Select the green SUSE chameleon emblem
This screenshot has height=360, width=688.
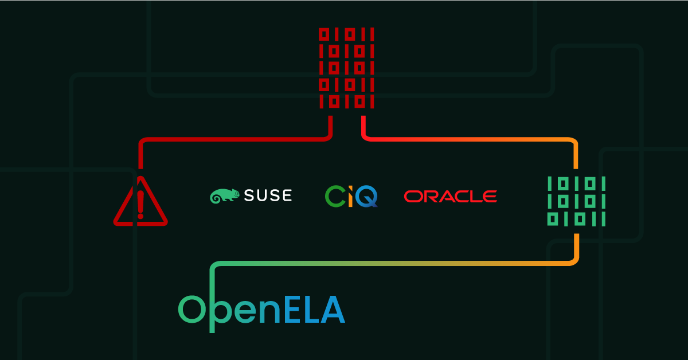(224, 195)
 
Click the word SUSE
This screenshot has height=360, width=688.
(268, 195)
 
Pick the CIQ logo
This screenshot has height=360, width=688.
(351, 196)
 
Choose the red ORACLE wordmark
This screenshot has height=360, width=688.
(450, 197)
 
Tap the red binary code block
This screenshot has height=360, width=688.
(346, 68)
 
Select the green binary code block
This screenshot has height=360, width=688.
(576, 201)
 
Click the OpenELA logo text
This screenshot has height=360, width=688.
(261, 310)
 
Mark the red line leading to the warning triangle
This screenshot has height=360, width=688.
(229, 139)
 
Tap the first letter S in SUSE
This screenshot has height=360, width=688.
(249, 195)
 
